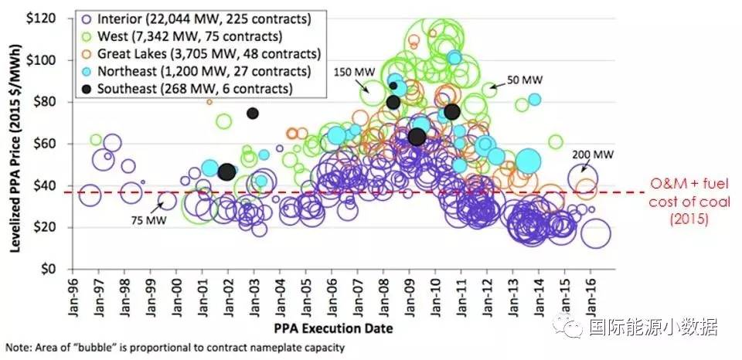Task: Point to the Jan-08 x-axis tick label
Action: (x=383, y=297)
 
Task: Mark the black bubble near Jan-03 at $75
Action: (x=253, y=114)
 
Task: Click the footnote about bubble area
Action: (x=175, y=348)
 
